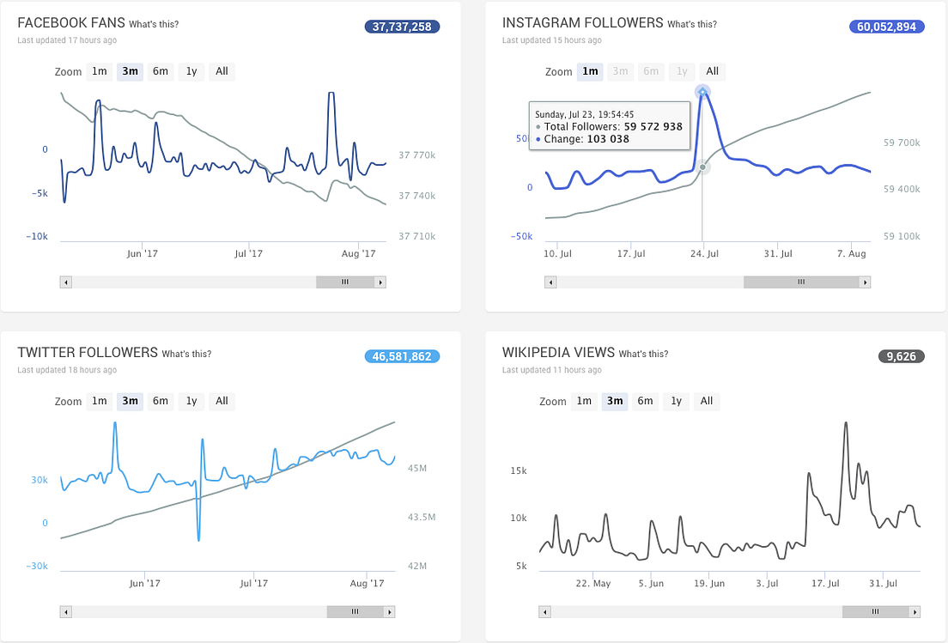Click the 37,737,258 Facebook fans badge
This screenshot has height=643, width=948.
(x=402, y=27)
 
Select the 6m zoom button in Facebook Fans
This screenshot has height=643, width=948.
(x=161, y=71)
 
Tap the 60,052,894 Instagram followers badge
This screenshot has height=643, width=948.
(x=887, y=27)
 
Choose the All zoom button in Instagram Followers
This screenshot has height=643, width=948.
(x=712, y=71)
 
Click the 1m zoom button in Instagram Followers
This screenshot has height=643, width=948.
(x=590, y=71)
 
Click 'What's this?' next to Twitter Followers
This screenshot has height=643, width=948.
(x=186, y=354)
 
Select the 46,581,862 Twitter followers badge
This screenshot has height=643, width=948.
(x=402, y=356)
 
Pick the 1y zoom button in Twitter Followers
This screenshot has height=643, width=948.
(x=191, y=401)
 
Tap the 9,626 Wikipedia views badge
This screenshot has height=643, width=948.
(x=901, y=356)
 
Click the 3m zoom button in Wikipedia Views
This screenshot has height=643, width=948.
(x=614, y=401)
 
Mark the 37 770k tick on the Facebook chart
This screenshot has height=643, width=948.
(x=419, y=155)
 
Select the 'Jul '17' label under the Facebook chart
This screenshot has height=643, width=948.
(x=252, y=253)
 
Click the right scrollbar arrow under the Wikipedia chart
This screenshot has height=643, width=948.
(x=915, y=612)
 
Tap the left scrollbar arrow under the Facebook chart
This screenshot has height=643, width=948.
(x=66, y=282)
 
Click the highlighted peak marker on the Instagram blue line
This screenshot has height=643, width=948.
(x=702, y=90)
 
